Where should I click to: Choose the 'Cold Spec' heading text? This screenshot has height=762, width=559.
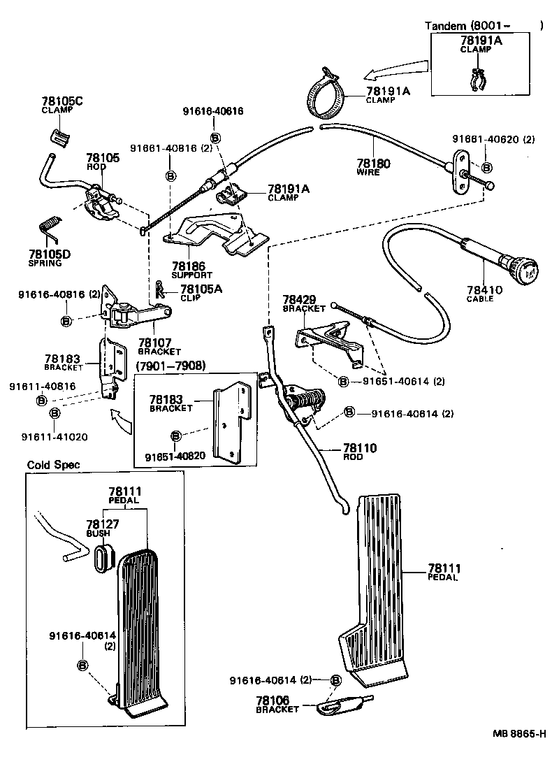click(x=53, y=465)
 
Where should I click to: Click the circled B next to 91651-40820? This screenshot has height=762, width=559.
click(x=175, y=436)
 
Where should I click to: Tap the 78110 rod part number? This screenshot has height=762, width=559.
click(x=359, y=447)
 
